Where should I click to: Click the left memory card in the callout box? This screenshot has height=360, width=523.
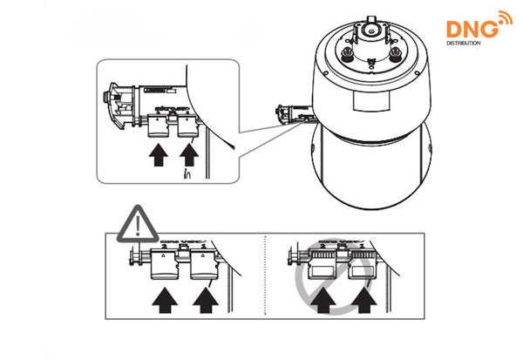point(159,126)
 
